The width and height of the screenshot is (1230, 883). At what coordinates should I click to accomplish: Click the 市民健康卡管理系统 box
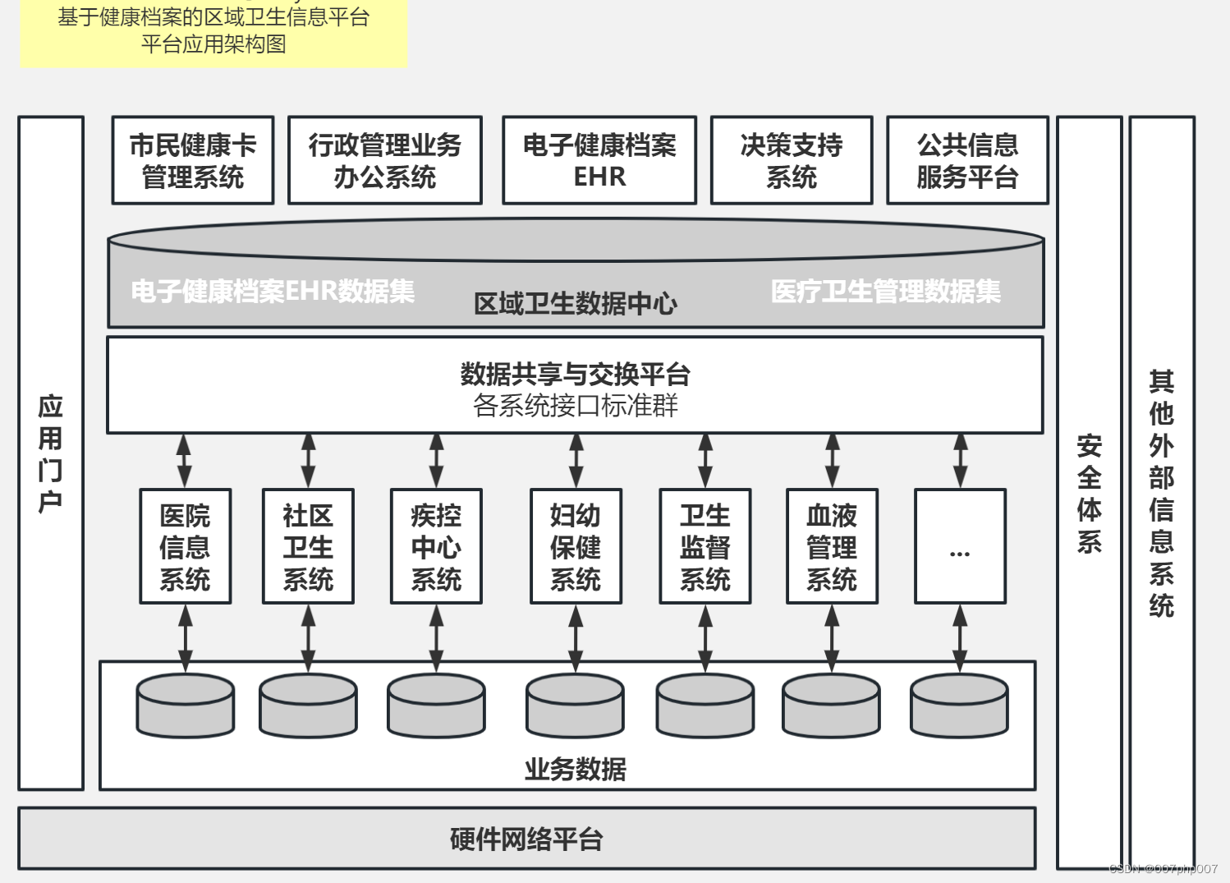(193, 160)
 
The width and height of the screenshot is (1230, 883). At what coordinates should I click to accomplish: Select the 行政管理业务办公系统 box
(384, 160)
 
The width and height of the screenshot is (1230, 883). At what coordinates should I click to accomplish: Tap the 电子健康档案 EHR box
(599, 160)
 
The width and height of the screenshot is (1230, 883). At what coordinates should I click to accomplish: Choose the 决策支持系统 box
(791, 160)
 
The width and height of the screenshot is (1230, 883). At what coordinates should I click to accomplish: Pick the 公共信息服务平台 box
(967, 160)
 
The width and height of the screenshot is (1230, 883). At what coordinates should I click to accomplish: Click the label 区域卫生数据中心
(575, 304)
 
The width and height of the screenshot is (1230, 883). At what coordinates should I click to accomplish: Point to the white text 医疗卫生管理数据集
(885, 291)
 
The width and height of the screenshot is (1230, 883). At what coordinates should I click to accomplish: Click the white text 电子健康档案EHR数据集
(273, 291)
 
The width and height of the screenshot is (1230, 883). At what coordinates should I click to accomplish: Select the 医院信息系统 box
(185, 547)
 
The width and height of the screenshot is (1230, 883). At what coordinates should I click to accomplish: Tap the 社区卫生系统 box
(308, 547)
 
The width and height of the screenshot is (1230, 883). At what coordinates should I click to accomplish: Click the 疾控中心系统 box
(436, 547)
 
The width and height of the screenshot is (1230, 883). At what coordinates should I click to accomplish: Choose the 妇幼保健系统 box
(576, 547)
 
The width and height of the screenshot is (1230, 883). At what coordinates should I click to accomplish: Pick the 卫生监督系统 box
(704, 547)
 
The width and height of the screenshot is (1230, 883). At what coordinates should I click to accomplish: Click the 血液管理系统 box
(832, 547)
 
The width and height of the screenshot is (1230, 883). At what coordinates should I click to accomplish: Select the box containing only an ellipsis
(960, 547)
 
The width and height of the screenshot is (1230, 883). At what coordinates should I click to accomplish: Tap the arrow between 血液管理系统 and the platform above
(832, 461)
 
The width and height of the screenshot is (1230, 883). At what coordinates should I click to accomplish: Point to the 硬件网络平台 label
(526, 839)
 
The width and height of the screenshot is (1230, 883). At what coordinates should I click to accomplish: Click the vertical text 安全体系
(1089, 493)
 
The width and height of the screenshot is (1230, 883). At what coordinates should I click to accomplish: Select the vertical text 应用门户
(50, 453)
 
